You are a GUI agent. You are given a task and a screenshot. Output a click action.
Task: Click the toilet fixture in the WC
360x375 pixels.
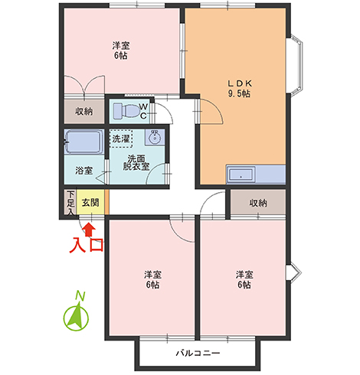click(126, 110)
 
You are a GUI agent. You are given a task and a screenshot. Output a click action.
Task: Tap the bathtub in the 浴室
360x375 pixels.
click(84, 142)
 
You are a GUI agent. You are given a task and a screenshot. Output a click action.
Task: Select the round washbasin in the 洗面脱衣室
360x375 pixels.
click(154, 138)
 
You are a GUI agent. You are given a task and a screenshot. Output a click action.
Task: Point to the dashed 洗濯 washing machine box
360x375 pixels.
click(121, 139)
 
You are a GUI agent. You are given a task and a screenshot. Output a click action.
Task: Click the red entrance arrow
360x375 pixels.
click(89, 229)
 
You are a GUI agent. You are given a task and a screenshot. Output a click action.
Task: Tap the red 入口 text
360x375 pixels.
click(87, 245)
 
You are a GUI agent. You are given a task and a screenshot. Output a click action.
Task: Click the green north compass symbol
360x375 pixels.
click(76, 318)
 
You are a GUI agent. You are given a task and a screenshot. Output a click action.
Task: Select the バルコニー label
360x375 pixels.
click(198, 354)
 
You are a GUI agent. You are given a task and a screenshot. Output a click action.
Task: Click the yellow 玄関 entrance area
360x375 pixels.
click(90, 203)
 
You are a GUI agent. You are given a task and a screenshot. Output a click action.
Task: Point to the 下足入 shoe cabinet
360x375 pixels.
click(70, 203)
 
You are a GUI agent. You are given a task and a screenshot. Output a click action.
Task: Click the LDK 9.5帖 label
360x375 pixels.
click(239, 89)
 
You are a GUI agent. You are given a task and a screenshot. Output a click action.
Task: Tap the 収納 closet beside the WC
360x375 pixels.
click(84, 112)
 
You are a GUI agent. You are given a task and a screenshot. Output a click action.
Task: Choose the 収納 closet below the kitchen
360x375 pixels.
click(258, 203)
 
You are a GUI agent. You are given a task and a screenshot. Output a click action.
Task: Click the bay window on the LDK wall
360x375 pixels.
click(296, 66)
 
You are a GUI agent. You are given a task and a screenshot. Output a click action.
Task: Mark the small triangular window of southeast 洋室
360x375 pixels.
click(293, 273)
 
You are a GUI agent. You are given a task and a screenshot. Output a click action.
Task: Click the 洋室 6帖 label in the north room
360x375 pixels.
click(121, 51)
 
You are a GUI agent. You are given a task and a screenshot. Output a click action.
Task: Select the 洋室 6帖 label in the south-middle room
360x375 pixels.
click(152, 279)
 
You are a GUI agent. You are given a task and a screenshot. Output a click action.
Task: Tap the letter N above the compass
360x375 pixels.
click(80, 296)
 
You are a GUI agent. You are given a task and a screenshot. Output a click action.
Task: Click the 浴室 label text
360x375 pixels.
click(83, 171)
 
